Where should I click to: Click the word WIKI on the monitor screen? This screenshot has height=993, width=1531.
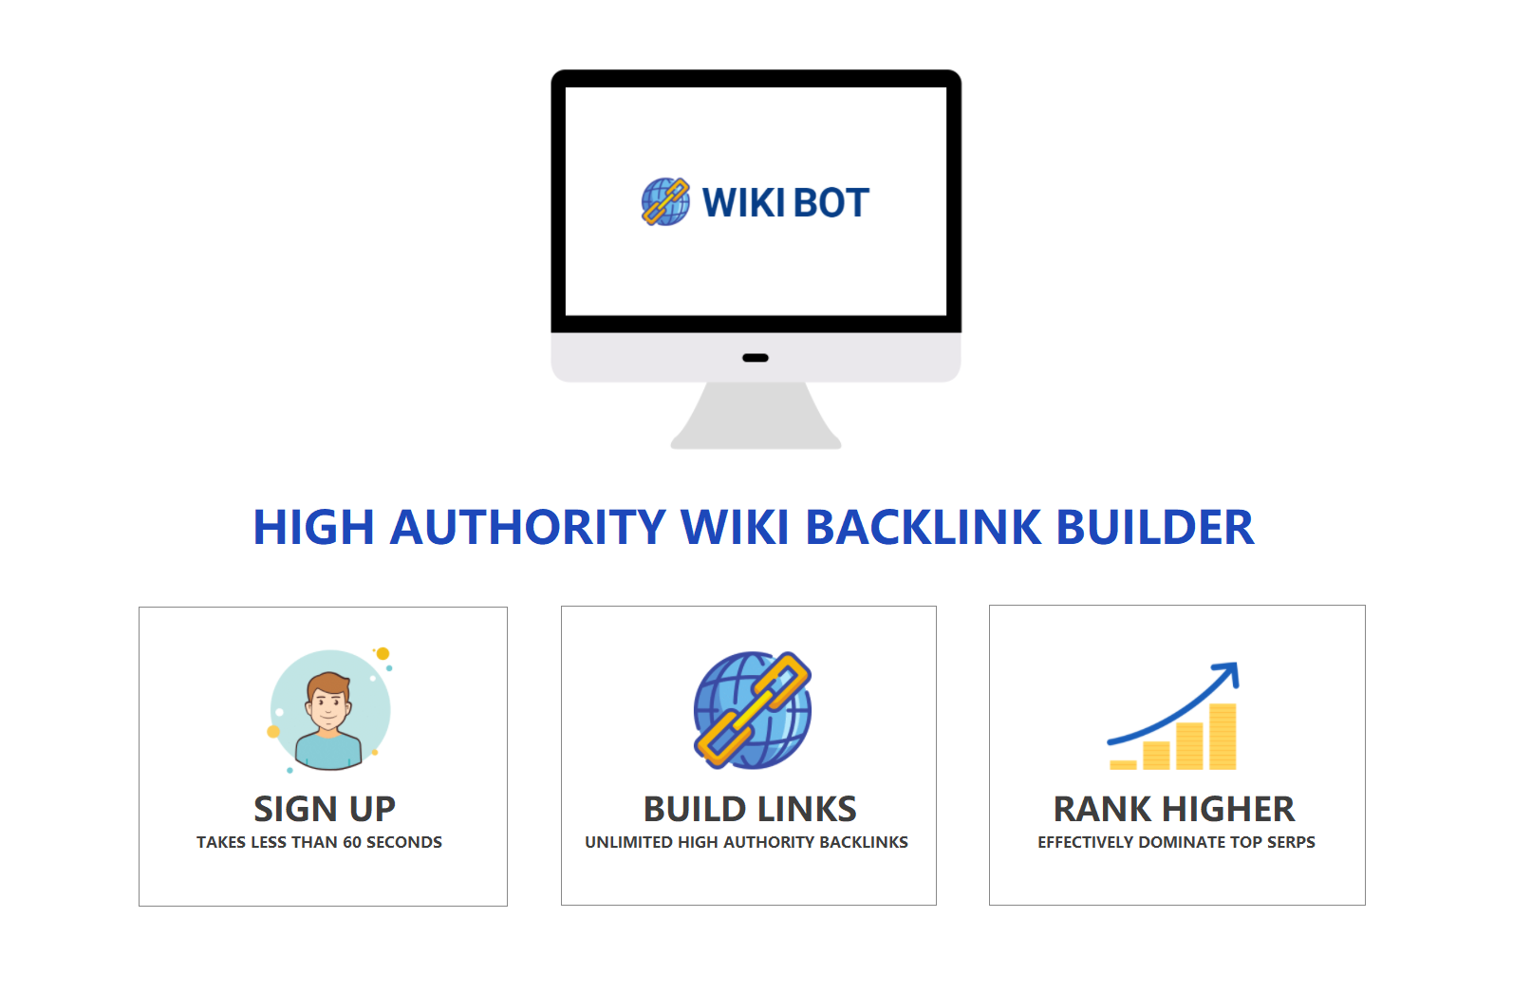[743, 203]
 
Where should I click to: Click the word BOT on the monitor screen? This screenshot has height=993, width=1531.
[831, 203]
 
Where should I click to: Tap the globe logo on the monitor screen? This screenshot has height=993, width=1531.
[665, 201]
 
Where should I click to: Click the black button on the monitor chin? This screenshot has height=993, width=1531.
[756, 358]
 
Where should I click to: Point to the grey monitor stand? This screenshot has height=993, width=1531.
[756, 418]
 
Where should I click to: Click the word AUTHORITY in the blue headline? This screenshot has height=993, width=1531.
[528, 528]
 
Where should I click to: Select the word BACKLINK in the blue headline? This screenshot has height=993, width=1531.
[923, 528]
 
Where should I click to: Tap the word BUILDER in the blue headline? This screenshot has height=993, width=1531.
[1154, 528]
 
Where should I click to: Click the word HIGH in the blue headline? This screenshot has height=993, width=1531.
[313, 528]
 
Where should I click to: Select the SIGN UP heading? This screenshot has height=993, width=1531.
[325, 809]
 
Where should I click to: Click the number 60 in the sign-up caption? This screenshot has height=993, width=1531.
[352, 842]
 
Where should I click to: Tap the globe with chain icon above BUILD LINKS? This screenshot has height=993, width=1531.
[752, 709]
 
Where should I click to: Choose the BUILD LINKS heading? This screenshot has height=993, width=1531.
[750, 809]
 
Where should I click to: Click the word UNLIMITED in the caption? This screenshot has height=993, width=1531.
[628, 842]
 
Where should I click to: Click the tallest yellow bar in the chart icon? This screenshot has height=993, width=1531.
[1223, 737]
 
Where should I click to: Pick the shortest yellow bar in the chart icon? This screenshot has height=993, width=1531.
[1123, 764]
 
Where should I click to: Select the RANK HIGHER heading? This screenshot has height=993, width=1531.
[1174, 809]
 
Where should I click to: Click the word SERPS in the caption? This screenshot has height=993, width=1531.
[1291, 842]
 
